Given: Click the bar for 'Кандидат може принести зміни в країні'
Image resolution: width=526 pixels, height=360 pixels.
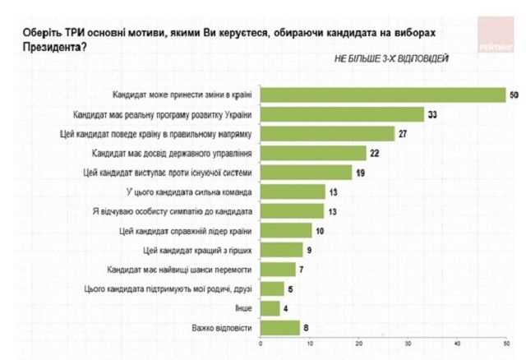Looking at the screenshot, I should pos(383,95).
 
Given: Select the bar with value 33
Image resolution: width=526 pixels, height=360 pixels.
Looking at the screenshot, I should pos(342,114).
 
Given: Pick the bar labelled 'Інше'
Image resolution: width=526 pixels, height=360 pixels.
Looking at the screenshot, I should pos(270,308).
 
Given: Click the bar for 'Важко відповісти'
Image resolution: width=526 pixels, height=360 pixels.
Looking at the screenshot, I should pos(280,328).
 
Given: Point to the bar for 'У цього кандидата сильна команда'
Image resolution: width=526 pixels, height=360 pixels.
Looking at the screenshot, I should pos(293,192).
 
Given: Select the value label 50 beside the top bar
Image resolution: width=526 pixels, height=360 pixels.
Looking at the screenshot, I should pos(514,95).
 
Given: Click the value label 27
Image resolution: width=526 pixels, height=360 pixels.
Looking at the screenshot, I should pos(404,133).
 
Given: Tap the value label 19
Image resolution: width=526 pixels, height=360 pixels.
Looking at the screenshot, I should pos(359,172).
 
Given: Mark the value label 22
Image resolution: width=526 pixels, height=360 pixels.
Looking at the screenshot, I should pos(375,153).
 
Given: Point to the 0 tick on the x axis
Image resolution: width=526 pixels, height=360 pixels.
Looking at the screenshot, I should pos(261,344).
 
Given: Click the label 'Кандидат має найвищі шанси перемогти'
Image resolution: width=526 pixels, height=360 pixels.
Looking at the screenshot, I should pos(191,269).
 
